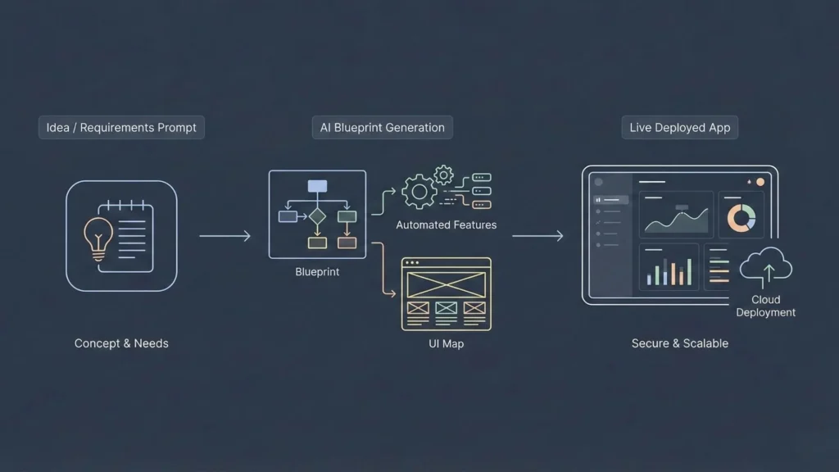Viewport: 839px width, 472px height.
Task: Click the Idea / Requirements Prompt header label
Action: [x=121, y=128]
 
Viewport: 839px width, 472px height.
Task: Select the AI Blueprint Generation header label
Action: [x=382, y=128]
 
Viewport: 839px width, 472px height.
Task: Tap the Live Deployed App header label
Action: [x=679, y=128]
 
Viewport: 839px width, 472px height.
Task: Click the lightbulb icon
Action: [x=98, y=237]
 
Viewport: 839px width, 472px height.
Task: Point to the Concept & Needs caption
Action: [x=121, y=343]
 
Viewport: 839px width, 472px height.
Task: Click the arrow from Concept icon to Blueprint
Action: [x=224, y=236]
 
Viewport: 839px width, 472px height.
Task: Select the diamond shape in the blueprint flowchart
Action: [x=317, y=216]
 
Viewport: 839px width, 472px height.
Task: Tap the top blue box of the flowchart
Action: [x=317, y=186]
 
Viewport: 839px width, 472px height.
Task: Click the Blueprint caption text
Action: [x=317, y=272]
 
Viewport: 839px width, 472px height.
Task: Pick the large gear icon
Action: [x=419, y=192]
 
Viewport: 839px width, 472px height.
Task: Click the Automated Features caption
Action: [x=446, y=225]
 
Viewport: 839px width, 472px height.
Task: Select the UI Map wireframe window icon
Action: [x=446, y=293]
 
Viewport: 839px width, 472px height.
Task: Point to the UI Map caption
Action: [x=446, y=343]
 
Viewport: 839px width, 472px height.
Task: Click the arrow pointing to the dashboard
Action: [x=537, y=236]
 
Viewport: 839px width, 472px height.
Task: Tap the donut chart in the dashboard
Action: [x=741, y=218]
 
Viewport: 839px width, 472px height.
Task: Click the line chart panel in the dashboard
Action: [x=676, y=216]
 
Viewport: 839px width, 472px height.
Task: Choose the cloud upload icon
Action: [x=766, y=266]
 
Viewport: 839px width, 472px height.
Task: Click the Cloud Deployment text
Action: [x=765, y=306]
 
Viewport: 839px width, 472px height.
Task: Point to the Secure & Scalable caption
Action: [x=679, y=343]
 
